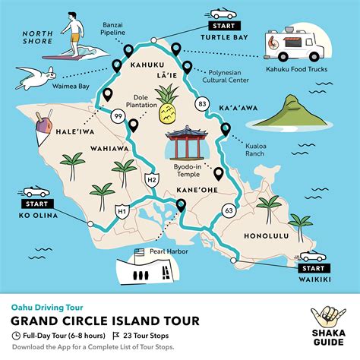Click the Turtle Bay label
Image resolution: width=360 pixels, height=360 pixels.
coord(225,35)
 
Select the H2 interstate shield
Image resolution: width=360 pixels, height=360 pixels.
coord(151,179)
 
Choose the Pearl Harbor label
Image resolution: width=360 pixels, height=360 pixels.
coord(166,249)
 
